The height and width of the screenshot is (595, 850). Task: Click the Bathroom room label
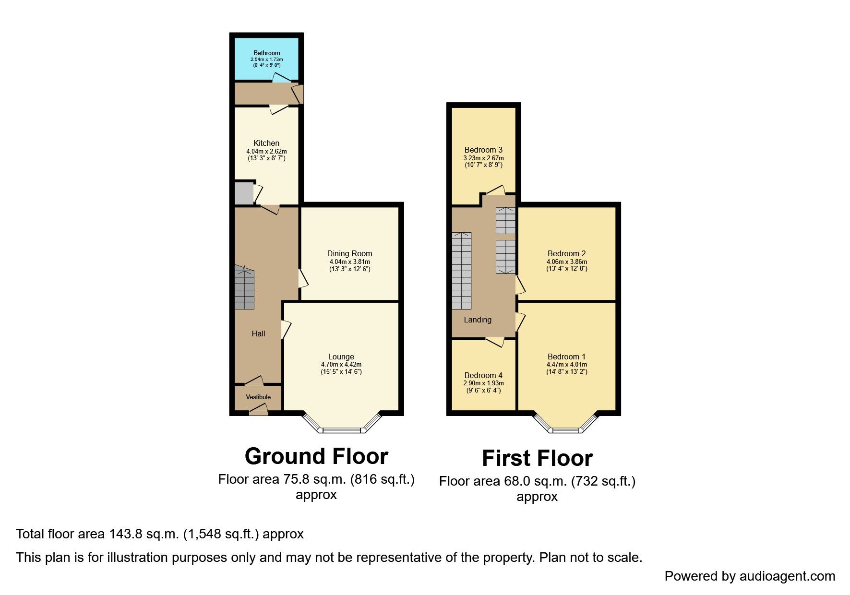266,53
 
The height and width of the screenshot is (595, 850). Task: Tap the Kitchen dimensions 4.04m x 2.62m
266,151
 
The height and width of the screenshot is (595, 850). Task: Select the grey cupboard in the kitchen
243,193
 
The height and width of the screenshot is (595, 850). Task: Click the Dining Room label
349,253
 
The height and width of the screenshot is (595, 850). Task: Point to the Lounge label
341,357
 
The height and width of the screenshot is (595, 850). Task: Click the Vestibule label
258,397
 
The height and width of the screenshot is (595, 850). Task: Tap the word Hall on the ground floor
258,333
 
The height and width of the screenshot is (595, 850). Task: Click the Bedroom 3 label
483,150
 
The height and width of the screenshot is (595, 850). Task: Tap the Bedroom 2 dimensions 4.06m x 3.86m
566,262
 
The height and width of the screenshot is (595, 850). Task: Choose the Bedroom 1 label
566,357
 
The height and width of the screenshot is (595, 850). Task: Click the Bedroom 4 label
483,375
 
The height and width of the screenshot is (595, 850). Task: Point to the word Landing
478,320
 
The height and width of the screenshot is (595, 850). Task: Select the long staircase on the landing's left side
462,271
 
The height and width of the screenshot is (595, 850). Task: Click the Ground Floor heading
316,456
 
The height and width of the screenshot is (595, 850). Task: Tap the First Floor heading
537,458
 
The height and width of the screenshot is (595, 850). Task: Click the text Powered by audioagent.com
750,576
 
